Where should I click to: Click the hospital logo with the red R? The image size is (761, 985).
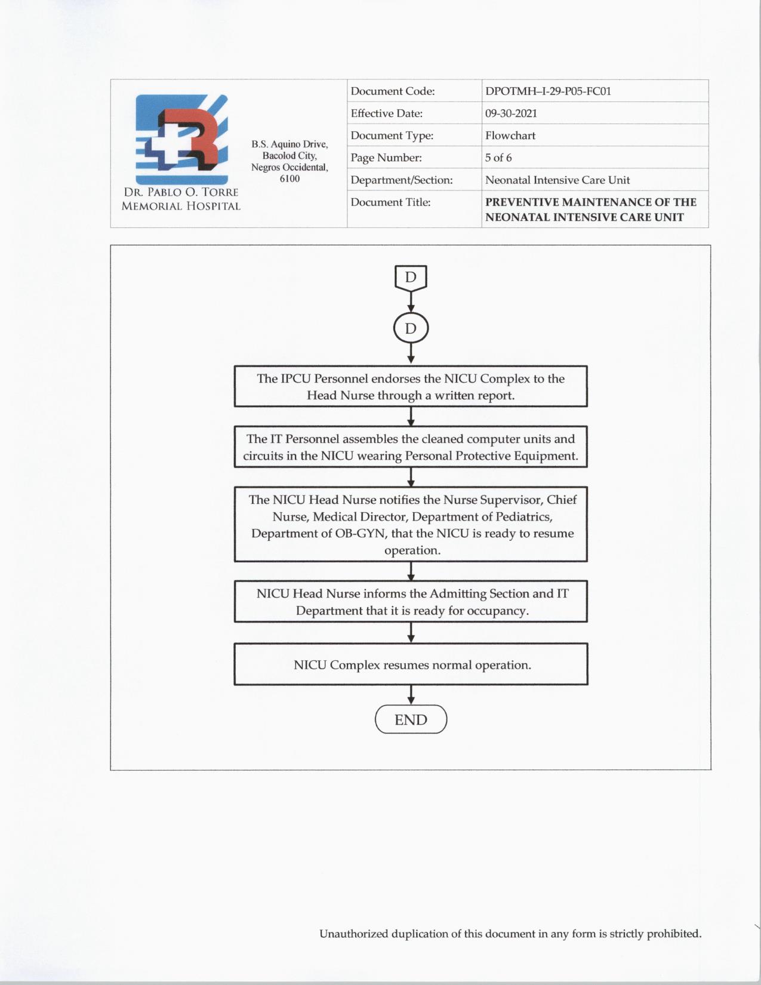coord(181,138)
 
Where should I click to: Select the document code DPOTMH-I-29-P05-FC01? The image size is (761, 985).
coord(548,91)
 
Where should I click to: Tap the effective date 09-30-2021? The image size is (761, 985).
coord(511,113)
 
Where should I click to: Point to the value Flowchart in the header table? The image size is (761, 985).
coord(510,136)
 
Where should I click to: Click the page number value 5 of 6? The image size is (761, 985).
coord(498,158)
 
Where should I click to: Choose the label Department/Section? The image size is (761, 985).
coord(401,180)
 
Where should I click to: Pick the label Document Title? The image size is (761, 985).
coord(390,202)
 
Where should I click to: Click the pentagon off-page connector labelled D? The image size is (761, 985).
coord(411,278)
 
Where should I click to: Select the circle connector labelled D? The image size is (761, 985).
coord(411,328)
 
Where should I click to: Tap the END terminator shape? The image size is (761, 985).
coord(411,719)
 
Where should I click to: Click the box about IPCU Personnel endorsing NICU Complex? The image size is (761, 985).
coord(411,386)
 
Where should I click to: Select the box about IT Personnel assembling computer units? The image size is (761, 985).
coord(411,447)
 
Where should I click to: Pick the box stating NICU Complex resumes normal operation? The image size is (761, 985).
coord(411,664)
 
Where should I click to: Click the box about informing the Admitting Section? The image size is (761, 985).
coord(411,602)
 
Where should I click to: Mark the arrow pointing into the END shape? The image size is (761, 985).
coord(411,695)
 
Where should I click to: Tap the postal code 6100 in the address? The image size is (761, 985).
coord(289,178)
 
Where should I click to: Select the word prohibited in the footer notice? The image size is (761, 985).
coord(674,933)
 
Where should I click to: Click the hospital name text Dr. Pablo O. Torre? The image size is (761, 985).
coord(181,192)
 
